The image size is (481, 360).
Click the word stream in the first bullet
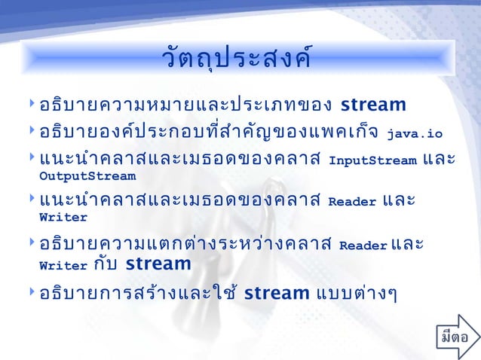point(373,104)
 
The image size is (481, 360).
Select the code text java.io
point(415,136)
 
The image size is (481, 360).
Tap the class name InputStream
point(373,160)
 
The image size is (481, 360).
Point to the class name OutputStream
point(87,177)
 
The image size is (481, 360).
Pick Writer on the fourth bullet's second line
point(63,218)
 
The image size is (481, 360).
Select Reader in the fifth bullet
point(363,246)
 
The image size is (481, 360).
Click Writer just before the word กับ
point(63,265)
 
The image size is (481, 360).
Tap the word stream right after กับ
point(158,264)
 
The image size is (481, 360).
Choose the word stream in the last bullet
point(277,292)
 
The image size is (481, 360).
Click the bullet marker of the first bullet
point(31,102)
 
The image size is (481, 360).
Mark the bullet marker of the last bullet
point(31,291)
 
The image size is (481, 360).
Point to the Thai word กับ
point(107,264)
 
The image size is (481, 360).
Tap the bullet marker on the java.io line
point(31,132)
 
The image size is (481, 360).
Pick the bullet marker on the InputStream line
point(31,158)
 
